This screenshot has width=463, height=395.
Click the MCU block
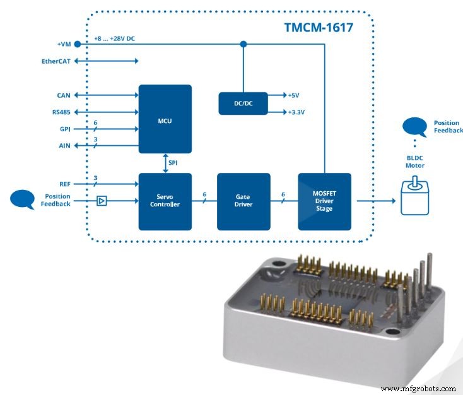pos(165,119)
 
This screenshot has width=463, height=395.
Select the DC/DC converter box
pos(243,103)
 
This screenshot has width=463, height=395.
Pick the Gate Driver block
pos(243,201)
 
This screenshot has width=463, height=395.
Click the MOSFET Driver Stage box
pos(324,201)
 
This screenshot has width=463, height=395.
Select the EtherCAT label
pos(57,61)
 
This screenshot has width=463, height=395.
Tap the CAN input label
pos(64,95)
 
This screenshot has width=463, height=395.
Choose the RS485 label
pos(61,112)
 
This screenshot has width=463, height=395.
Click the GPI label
pos(64,129)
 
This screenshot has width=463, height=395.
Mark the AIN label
pos(64,145)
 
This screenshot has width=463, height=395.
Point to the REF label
pos(64,184)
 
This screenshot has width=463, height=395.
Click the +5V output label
pos(293,95)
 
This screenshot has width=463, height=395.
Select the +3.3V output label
pos(296,112)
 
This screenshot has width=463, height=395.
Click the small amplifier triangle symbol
pos(102,201)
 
